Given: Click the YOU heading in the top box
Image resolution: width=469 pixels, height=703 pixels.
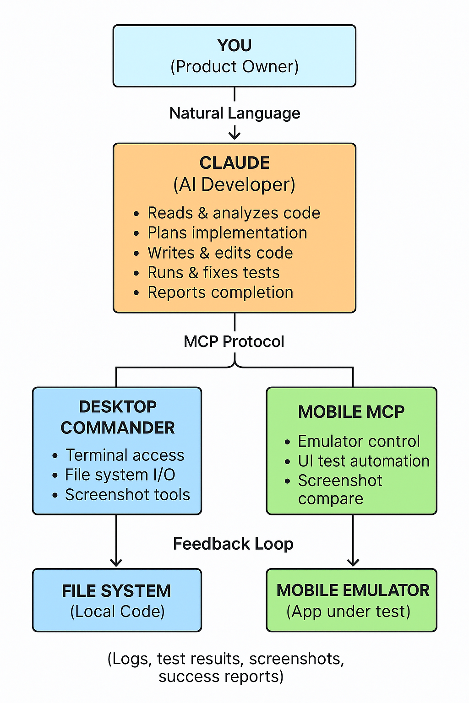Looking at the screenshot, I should pos(234,46).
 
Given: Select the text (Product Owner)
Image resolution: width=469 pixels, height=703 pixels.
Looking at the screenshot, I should pos(234,67).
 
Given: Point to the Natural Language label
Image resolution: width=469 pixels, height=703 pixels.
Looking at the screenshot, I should pos(234,113).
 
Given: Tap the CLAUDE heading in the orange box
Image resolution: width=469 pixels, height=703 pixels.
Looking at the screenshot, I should pos(234,163).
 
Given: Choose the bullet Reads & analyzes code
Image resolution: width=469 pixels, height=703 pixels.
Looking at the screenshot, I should pos(234,213).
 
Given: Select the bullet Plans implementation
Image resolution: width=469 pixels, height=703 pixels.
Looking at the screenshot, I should pos(227,233).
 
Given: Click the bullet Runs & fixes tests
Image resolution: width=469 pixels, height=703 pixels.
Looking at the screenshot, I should pos(213,273).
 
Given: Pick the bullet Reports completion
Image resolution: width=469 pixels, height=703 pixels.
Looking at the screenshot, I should pos(220,292).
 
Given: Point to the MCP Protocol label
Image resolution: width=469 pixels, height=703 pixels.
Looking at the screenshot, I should pos(234,341).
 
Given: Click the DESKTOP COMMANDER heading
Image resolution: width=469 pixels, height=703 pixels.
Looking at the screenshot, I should pos(118,417).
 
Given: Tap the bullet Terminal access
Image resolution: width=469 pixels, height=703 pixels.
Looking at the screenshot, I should pos(125,455).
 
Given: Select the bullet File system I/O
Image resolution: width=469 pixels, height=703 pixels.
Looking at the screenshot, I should pos(120,475).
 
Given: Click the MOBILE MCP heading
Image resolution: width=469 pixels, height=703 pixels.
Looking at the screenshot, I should pos(351,412).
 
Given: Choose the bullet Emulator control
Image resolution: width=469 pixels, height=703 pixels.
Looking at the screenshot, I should pos(359,442).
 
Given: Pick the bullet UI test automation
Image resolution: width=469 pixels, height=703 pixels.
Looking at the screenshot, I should pos(364,461).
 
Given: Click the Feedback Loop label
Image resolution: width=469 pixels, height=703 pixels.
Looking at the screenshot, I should pos(233,544).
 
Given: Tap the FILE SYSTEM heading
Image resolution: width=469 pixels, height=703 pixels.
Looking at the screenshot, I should pos(116,591).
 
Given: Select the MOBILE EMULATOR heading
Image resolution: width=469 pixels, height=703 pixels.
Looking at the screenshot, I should pos(353,590).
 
